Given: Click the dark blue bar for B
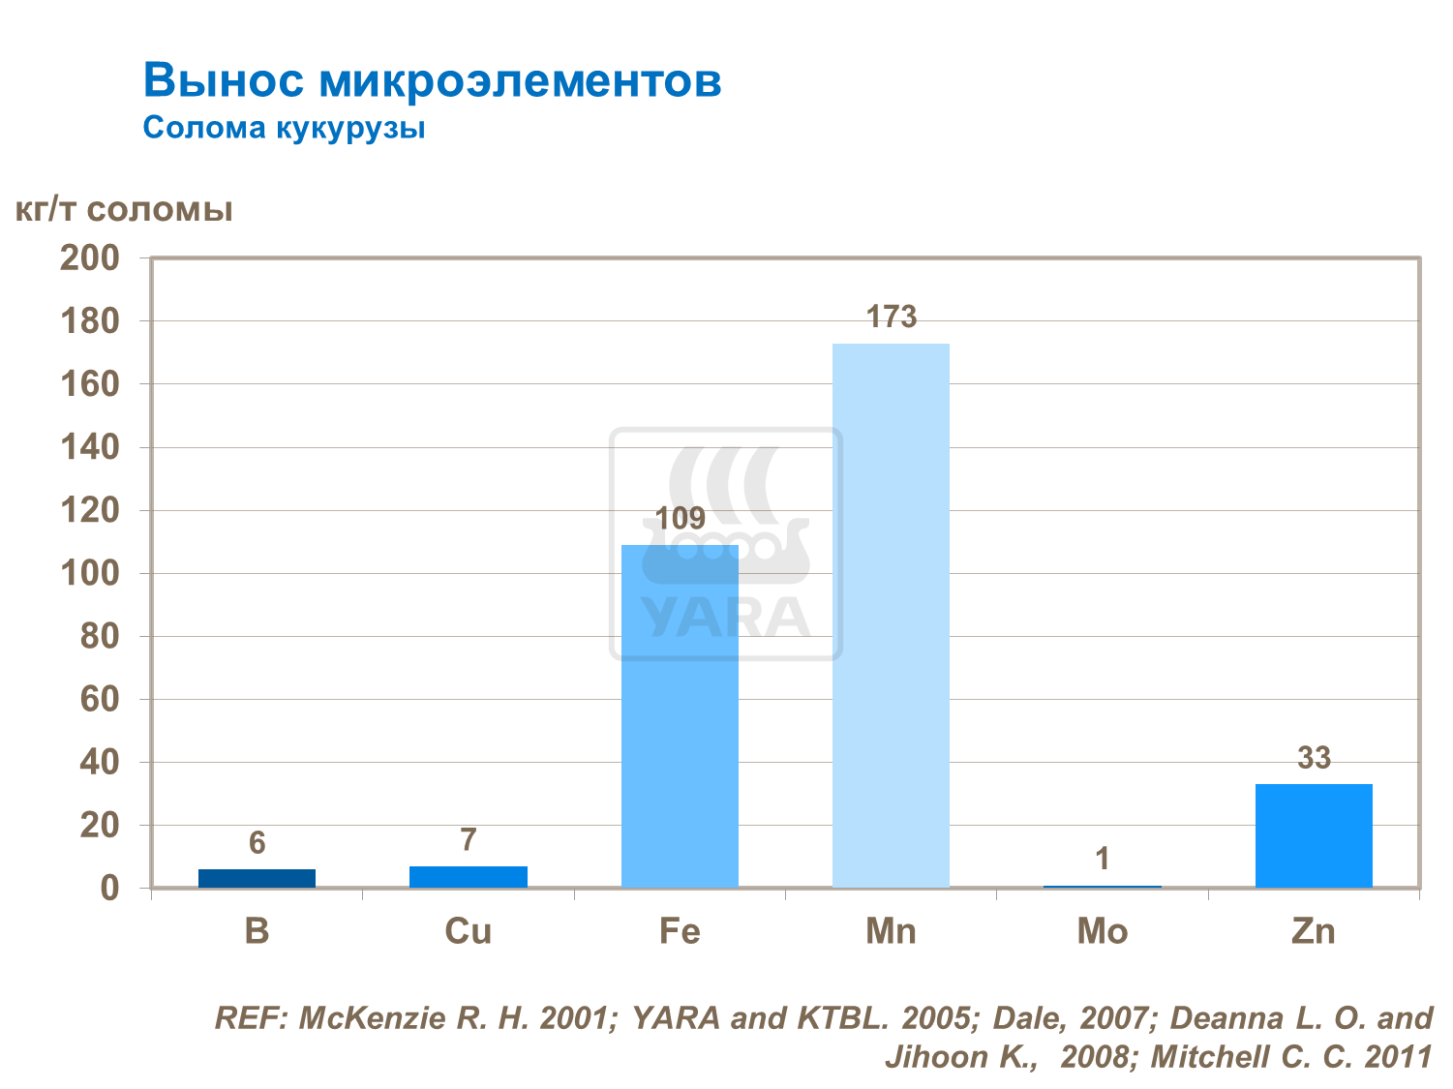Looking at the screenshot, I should [257, 878].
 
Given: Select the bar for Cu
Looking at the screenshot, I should [469, 876].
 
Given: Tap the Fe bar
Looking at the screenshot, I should [680, 716].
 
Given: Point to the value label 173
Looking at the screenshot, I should [891, 318].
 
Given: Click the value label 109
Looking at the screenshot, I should [680, 519].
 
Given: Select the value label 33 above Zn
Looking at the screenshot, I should [1314, 758].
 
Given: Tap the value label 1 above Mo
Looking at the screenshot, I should [1102, 859].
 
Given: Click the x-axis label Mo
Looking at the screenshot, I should [1102, 931].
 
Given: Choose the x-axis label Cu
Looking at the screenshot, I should [469, 931].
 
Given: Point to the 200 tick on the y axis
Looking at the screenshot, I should [90, 258].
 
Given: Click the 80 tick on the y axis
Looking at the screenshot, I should [99, 636].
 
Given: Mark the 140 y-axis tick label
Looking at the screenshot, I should [90, 447].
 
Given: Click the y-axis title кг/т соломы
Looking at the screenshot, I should [125, 210].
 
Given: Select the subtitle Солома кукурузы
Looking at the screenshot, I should [284, 128].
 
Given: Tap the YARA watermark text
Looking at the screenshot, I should [725, 618].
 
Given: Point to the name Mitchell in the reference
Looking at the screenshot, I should [1210, 1056].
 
